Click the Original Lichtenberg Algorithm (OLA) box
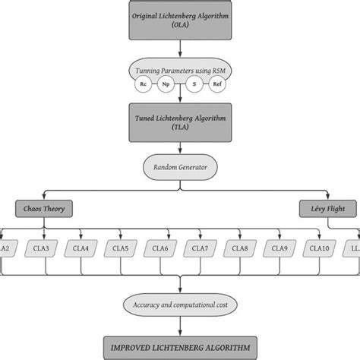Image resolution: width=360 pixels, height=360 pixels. point(180,21)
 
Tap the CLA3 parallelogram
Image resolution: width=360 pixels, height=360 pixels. point(43,248)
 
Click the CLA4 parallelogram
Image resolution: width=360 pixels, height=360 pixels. point(81,248)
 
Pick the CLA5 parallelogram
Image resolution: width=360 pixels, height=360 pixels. point(121,248)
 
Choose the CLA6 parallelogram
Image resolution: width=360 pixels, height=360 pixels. point(160,248)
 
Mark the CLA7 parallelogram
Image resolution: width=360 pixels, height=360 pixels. point(200,248)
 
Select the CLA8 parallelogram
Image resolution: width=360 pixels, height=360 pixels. point(239,248)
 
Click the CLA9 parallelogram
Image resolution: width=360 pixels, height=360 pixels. point(279,248)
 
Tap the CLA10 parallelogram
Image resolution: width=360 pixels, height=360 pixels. point(319,248)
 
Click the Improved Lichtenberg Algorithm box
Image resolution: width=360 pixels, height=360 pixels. point(180,348)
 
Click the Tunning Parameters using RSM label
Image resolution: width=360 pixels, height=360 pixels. point(180,71)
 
